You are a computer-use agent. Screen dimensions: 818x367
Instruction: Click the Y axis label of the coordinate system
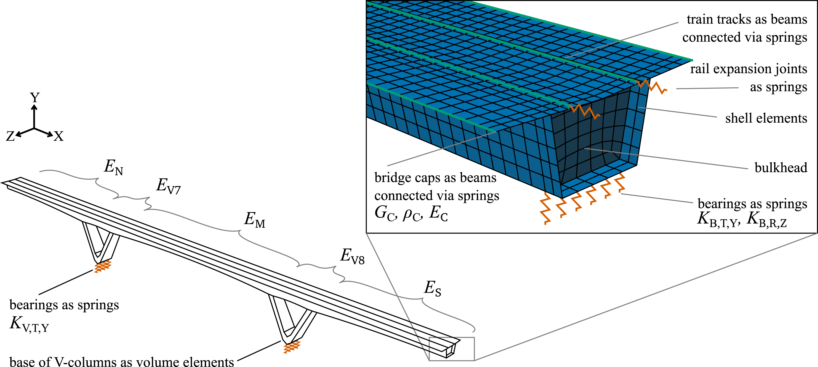(x=35, y=97)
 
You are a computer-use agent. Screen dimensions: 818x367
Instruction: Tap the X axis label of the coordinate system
(x=58, y=136)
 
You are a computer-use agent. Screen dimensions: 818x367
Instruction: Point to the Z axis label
(x=11, y=136)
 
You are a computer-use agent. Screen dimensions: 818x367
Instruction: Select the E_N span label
(x=114, y=167)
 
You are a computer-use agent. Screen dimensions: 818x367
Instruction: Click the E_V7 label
(x=168, y=186)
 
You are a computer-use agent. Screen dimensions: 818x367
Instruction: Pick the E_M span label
(x=254, y=220)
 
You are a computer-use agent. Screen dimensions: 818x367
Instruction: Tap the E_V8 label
(x=352, y=256)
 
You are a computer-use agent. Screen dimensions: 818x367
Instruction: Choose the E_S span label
(x=433, y=289)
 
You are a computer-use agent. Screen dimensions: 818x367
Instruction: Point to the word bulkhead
(x=781, y=167)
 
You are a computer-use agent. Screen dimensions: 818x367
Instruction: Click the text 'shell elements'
(x=766, y=118)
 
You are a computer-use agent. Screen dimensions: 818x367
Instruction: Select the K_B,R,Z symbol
(x=767, y=220)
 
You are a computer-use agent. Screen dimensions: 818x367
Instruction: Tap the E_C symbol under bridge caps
(x=438, y=213)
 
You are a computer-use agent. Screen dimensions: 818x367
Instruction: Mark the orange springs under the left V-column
(x=102, y=266)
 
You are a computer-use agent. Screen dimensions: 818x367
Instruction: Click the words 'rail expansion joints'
(x=748, y=69)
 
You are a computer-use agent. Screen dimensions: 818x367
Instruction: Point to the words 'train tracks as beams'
(x=747, y=19)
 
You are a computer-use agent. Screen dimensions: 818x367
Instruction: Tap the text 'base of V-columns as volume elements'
(x=122, y=362)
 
